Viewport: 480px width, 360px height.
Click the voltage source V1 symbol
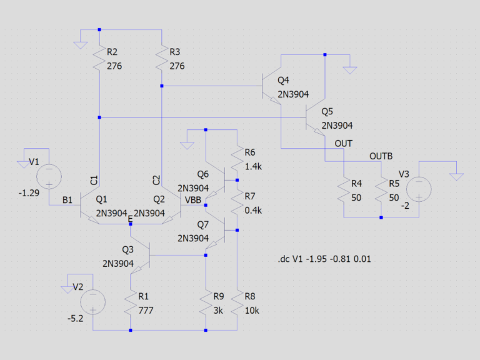coord(49,177)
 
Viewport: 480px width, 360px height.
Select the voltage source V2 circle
coord(92,302)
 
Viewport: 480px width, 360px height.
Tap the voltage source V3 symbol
coord(419,189)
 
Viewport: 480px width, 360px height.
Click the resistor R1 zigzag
coord(131,302)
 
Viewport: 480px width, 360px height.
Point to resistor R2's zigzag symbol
coord(99,58)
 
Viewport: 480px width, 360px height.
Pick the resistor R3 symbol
coord(162,58)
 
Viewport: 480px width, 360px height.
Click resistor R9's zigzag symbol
coord(206,302)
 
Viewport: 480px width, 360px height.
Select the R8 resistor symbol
coord(237,302)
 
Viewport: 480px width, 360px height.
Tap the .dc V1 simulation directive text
coord(324,259)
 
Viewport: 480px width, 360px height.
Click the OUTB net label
coord(381,156)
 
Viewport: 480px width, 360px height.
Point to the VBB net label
coord(193,200)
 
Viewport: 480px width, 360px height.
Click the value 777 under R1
coord(146,311)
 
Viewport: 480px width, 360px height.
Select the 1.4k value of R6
coord(253,166)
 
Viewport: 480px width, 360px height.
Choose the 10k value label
coord(252,311)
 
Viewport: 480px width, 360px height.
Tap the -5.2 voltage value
coord(75,319)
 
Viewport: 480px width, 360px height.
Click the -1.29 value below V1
coord(29,193)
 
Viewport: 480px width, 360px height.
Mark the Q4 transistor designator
coord(283,81)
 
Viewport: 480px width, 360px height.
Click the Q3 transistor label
coord(127,250)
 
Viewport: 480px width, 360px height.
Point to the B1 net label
coord(67,200)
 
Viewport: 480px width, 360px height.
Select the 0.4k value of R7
coord(253,210)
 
